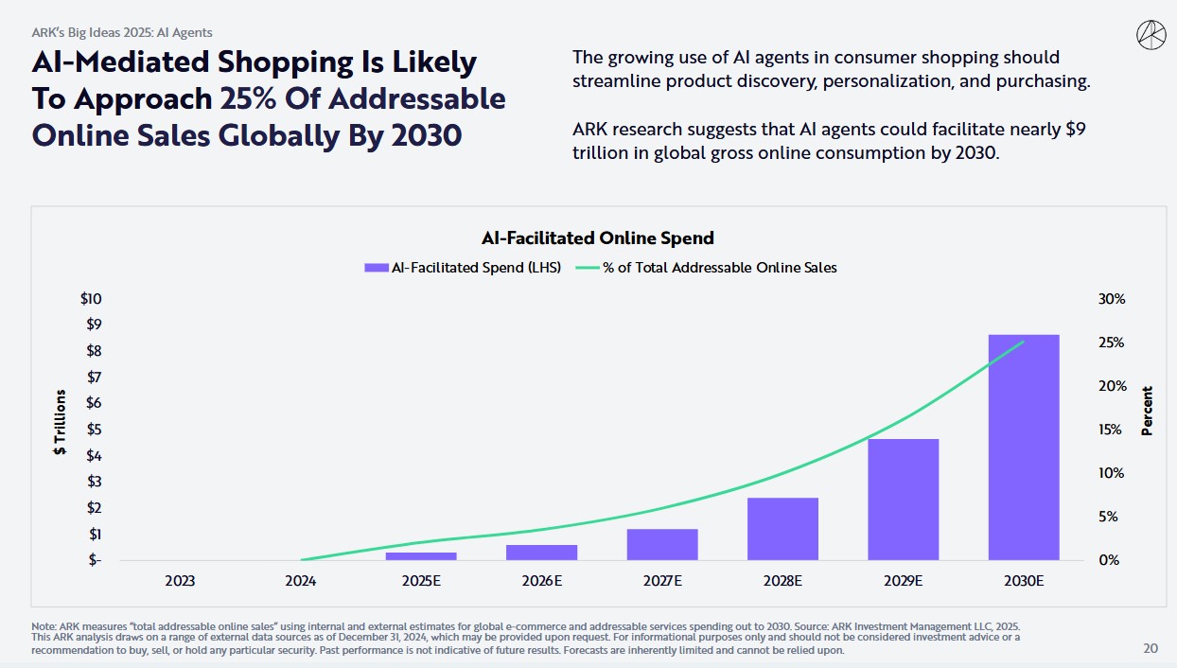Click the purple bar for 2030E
pyautogui.click(x=1024, y=447)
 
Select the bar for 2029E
pyautogui.click(x=904, y=499)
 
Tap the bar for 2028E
pyautogui.click(x=782, y=528)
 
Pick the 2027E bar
pyautogui.click(x=662, y=544)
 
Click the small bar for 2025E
pyautogui.click(x=421, y=555)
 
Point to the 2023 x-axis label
pyautogui.click(x=180, y=581)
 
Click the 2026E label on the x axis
pyautogui.click(x=541, y=581)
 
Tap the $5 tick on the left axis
pyautogui.click(x=93, y=430)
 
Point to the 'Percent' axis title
pyautogui.click(x=1148, y=411)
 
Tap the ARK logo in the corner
pyautogui.click(x=1150, y=35)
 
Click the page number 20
pyautogui.click(x=1150, y=649)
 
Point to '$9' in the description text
pyautogui.click(x=1075, y=129)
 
